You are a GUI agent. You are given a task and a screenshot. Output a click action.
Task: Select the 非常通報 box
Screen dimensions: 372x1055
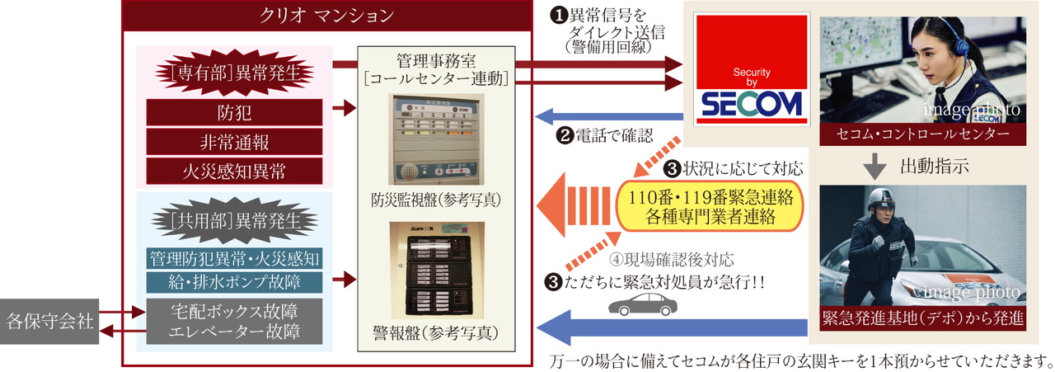(233, 142)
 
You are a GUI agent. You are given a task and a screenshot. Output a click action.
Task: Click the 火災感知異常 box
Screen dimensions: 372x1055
(233, 172)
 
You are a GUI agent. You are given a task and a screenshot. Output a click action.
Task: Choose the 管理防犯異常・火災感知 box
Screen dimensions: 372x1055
(234, 258)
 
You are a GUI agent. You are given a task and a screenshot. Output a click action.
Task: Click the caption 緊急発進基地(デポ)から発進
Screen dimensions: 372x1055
(923, 317)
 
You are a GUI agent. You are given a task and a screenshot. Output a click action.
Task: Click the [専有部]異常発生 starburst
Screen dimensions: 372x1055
(232, 73)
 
